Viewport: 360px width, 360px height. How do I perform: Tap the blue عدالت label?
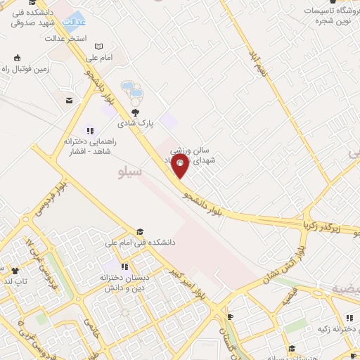pos(74,22)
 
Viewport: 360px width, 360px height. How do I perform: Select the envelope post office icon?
pos(70,101)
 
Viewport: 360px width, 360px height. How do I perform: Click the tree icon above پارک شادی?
pos(135,112)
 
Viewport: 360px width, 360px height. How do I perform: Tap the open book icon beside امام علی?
pos(98,46)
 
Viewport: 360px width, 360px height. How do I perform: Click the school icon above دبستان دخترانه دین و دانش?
pos(124,266)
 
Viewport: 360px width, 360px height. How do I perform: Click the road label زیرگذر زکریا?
pos(326,227)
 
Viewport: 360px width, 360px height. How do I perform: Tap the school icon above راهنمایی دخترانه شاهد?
pos(89,130)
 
